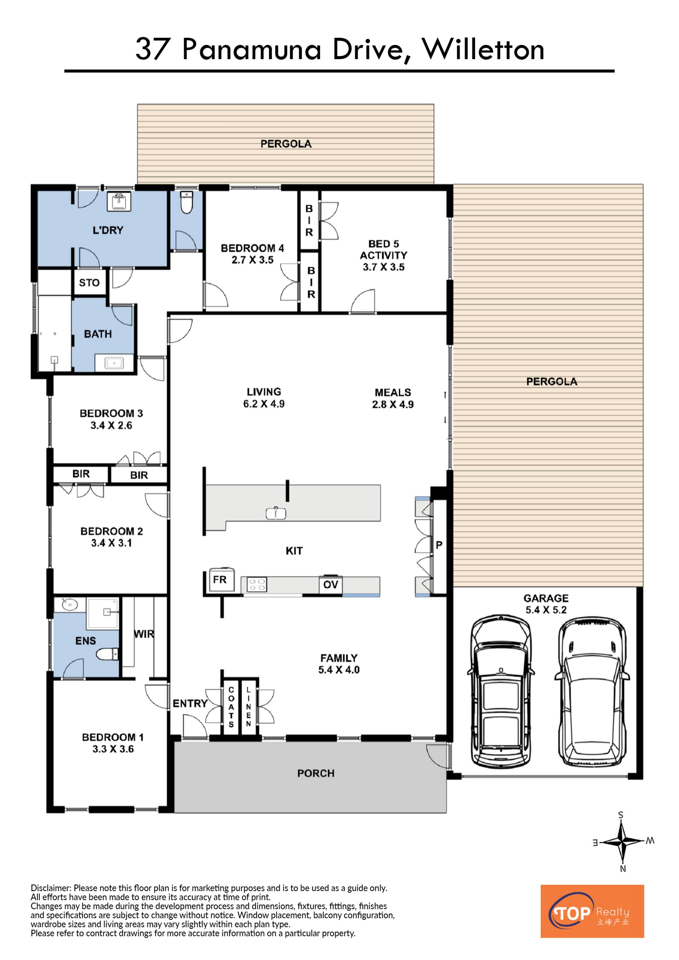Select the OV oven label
331,584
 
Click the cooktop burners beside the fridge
257,584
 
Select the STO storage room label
89,283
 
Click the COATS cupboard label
231,706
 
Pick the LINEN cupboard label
248,706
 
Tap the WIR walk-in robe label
144,634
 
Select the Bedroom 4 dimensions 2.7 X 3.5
253,260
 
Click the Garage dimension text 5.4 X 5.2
546,610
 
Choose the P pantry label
439,545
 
